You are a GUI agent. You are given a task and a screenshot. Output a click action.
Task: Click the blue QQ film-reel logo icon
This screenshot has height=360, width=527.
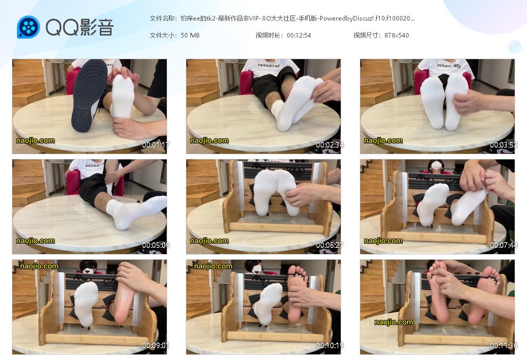pyautogui.click(x=29, y=27)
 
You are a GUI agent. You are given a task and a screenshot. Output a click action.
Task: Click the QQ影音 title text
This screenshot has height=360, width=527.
pyautogui.click(x=80, y=27)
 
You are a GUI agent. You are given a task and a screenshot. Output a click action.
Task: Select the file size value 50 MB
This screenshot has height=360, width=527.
pyautogui.click(x=190, y=35)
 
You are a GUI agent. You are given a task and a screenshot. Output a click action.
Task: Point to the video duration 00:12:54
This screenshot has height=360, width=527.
pyautogui.click(x=299, y=35)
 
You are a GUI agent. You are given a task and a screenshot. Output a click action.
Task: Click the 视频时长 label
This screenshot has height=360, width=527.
pyautogui.click(x=268, y=35)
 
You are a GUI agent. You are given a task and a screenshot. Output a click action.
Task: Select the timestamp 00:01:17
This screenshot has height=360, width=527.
pyautogui.click(x=155, y=145)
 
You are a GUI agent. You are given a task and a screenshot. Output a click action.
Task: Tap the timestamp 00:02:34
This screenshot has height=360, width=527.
pyautogui.click(x=330, y=145)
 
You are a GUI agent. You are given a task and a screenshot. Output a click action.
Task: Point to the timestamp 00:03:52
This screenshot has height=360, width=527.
pyautogui.click(x=503, y=145)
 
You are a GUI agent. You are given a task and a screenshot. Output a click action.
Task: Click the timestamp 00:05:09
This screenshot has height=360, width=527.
pyautogui.click(x=155, y=245)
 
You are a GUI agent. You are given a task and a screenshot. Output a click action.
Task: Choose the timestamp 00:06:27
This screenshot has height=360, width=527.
pyautogui.click(x=330, y=245)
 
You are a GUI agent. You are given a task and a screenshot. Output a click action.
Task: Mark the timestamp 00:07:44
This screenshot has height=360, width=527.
pyautogui.click(x=503, y=245)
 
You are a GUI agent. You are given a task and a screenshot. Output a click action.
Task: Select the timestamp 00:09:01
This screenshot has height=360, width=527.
pyautogui.click(x=155, y=345)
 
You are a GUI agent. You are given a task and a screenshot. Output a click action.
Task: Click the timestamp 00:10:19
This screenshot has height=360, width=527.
pyautogui.click(x=330, y=345)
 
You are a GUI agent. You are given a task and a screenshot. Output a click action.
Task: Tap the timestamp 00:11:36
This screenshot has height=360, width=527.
pyautogui.click(x=503, y=345)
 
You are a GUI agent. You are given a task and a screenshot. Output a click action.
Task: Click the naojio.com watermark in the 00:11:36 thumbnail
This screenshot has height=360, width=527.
pyautogui.click(x=394, y=322)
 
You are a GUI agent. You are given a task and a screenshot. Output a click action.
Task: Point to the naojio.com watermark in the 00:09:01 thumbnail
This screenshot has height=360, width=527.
pyautogui.click(x=39, y=266)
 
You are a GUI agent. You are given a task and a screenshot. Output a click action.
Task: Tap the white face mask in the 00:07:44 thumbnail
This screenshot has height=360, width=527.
pyautogui.click(x=436, y=165)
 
